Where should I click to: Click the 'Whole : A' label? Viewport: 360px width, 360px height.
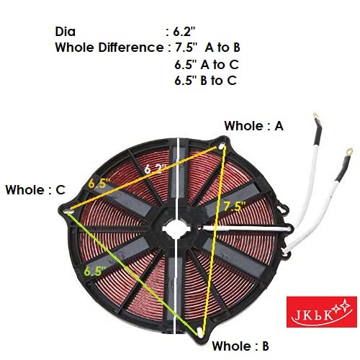[x=253, y=126]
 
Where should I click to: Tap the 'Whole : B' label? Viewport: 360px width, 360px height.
[x=240, y=346]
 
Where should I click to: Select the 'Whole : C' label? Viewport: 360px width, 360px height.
[x=35, y=190]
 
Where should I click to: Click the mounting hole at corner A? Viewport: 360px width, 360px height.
[x=222, y=145]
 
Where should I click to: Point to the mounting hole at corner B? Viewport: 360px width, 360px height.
[x=199, y=333]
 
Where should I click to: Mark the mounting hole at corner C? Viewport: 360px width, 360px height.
[x=68, y=212]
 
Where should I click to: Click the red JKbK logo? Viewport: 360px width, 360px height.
[x=322, y=312]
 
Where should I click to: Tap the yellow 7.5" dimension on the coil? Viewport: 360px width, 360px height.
[x=235, y=207]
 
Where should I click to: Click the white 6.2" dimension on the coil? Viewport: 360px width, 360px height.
[x=155, y=169]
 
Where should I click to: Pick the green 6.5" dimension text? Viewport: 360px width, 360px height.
[x=95, y=271]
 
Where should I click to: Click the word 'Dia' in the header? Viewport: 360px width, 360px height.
[x=66, y=32]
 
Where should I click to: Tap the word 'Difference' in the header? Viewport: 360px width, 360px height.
[x=131, y=48]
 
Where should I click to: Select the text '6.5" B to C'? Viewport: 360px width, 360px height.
[x=205, y=81]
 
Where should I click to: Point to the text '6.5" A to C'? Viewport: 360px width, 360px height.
[x=207, y=65]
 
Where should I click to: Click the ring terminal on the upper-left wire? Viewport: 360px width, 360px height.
[x=317, y=117]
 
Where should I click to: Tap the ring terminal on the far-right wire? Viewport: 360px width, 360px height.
[x=349, y=152]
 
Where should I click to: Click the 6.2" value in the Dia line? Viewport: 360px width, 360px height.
[x=184, y=32]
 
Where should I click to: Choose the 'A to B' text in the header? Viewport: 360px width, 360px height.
[x=222, y=48]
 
